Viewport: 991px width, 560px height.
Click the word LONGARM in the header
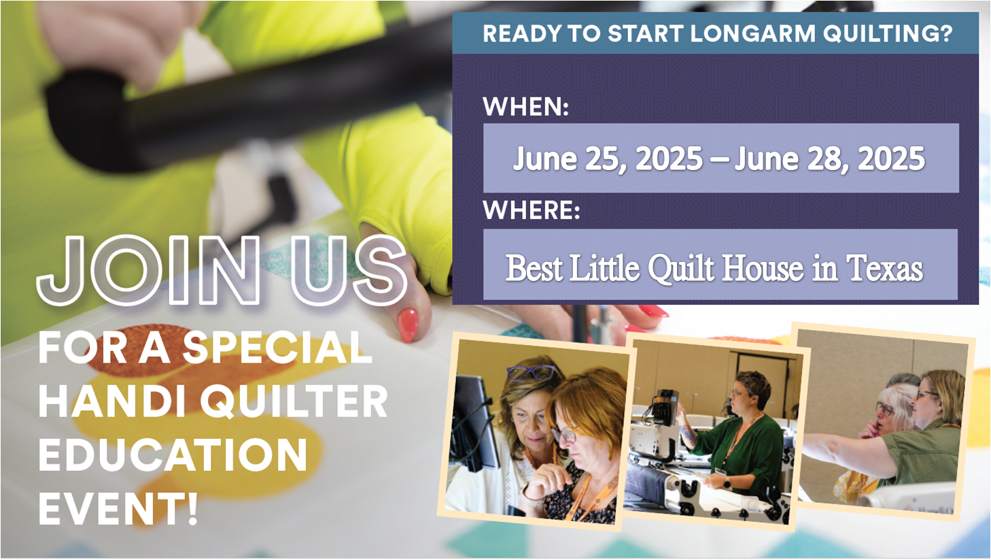[752, 33]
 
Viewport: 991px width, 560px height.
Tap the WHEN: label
[525, 107]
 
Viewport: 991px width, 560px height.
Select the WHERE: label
[532, 210]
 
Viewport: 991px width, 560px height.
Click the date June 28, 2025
[829, 159]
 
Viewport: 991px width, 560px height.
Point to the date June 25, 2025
[608, 159]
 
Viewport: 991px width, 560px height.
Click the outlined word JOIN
[149, 270]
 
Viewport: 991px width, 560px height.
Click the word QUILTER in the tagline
[294, 401]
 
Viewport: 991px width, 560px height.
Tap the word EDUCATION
[173, 455]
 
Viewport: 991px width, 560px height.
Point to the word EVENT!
[118, 508]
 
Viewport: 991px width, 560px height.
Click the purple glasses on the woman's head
[530, 373]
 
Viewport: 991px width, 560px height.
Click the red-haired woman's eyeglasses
[563, 433]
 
